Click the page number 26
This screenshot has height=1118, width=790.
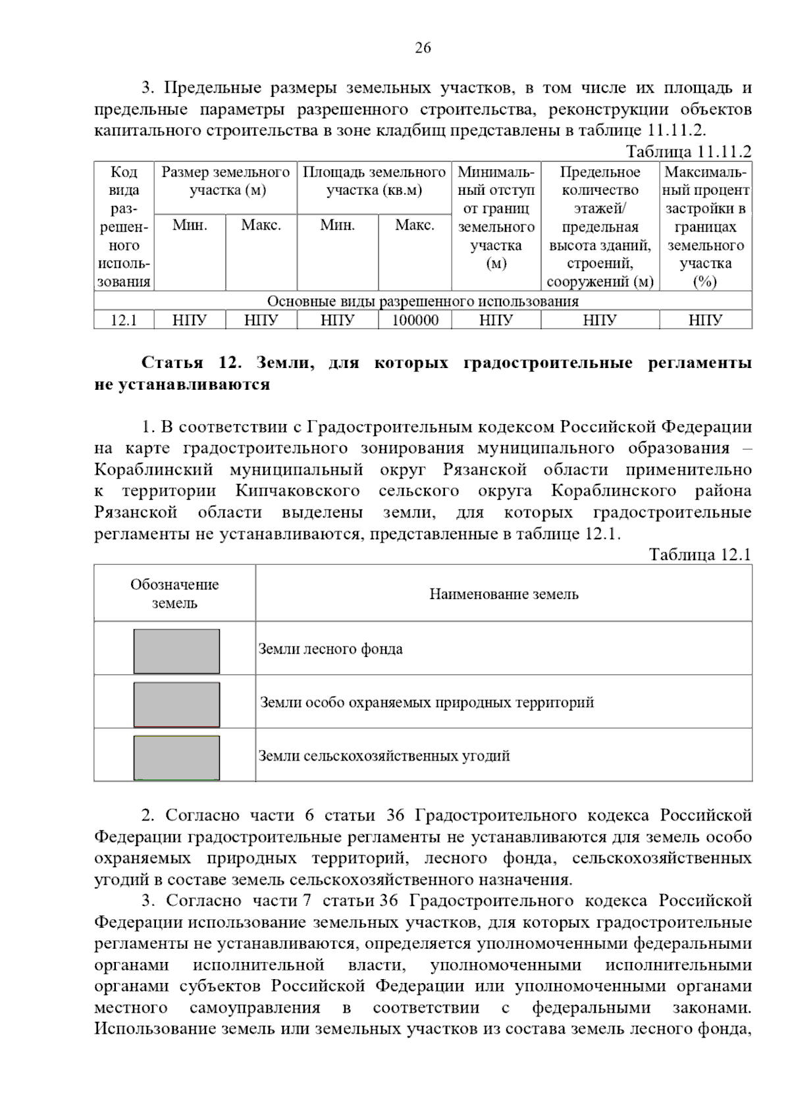(423, 47)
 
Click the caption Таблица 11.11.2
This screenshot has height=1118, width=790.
(688, 151)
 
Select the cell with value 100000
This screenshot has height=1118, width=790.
(415, 321)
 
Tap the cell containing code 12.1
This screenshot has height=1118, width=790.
(124, 321)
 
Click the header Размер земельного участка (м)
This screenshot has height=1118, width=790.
(226, 182)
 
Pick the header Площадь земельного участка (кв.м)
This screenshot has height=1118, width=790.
(374, 182)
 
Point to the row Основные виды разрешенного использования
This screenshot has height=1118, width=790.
(423, 302)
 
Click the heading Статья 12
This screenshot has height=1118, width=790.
(192, 363)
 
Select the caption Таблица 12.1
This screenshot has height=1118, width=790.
(700, 554)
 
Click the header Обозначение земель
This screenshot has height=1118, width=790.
(174, 594)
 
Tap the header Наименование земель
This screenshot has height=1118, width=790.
(504, 594)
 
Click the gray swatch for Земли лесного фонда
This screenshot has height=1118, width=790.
(176, 651)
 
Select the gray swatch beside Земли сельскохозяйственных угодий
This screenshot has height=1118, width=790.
(176, 758)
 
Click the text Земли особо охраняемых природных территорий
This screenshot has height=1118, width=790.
(427, 703)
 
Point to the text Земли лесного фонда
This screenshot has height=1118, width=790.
(330, 649)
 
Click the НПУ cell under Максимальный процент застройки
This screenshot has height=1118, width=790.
(705, 321)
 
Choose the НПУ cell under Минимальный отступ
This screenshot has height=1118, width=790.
(496, 321)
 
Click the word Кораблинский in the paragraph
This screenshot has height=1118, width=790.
(153, 470)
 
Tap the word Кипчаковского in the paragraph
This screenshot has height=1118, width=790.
(297, 491)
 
